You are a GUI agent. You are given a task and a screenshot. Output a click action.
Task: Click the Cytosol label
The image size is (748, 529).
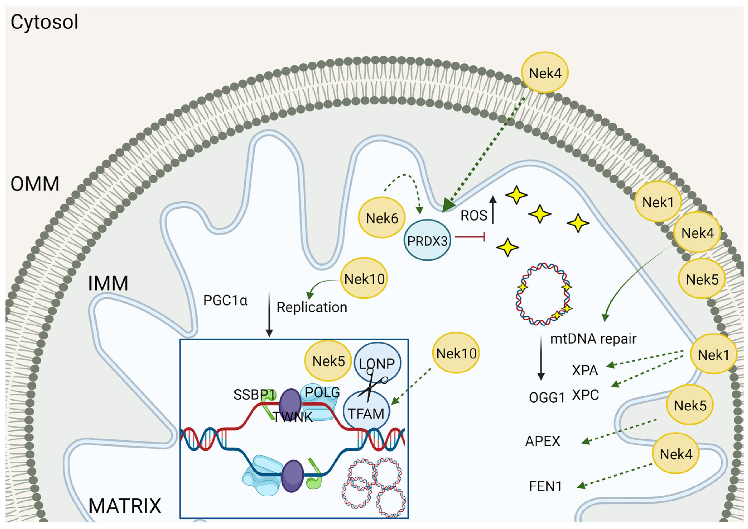coord(44,22)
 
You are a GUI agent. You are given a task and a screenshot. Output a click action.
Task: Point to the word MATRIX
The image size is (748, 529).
coord(125,506)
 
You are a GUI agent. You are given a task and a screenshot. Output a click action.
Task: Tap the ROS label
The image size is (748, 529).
coord(474,216)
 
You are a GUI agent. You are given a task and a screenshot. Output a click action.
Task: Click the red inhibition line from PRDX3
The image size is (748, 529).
coord(470,237)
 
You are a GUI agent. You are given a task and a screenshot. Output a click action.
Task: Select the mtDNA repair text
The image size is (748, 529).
coord(593,339)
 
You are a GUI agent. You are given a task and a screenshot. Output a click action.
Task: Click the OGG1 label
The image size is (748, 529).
coord(547,398)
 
